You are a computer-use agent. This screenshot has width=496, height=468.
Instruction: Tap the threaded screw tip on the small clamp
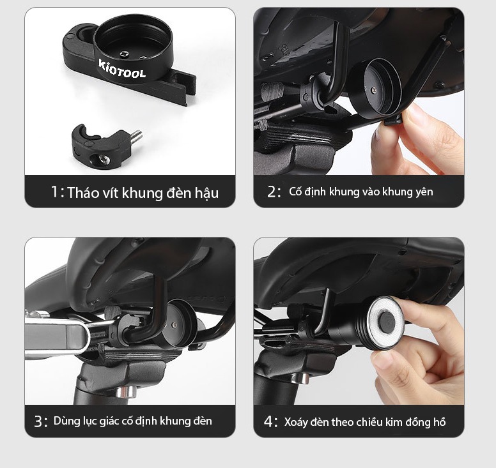[x=136, y=136]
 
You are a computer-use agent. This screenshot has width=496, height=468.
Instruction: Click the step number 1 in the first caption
[x=55, y=192]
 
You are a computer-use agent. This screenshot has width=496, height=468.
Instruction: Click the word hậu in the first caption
[x=206, y=193]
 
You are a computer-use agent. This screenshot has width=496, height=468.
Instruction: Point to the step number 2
[x=272, y=192]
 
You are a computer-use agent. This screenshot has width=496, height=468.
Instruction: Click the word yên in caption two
[x=424, y=192]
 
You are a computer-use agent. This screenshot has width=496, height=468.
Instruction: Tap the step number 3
[x=38, y=421]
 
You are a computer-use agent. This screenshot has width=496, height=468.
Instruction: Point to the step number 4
[x=268, y=421]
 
